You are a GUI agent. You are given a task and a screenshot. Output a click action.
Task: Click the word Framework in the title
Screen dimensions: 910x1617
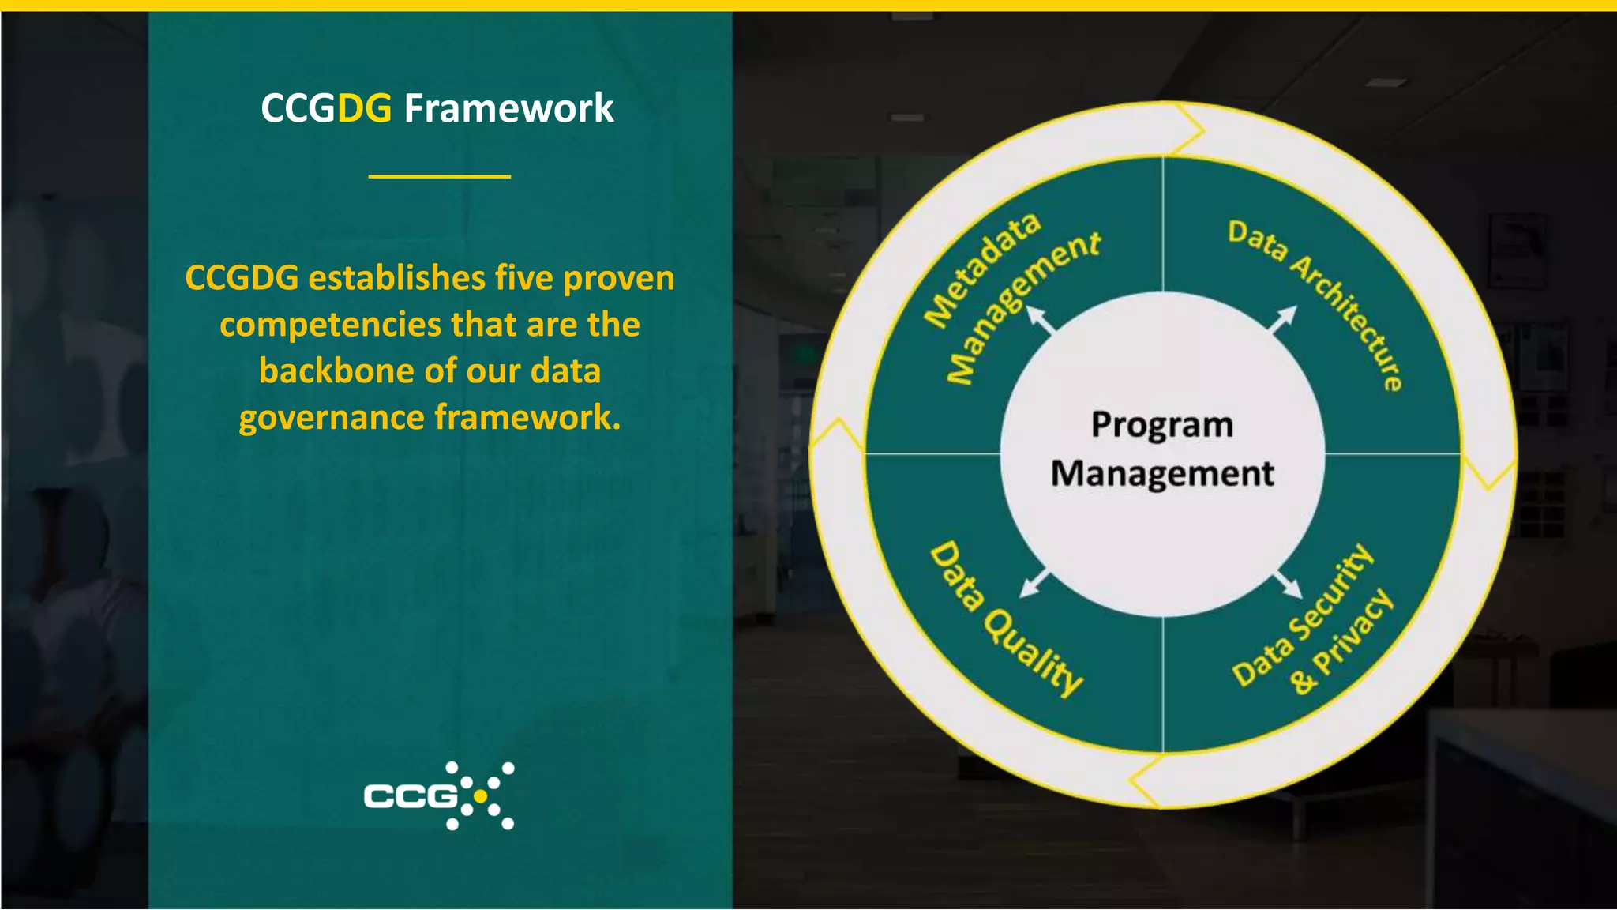(x=508, y=108)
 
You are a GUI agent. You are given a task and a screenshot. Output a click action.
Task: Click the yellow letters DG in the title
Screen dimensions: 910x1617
(x=364, y=108)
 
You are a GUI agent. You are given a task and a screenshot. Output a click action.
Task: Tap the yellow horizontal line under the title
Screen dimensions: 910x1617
(x=439, y=176)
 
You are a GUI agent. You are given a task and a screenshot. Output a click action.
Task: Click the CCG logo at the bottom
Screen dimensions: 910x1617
(x=438, y=795)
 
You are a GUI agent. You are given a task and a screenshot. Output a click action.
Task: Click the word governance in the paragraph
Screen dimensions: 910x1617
(x=331, y=418)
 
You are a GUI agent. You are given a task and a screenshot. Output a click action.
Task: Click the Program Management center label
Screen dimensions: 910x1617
(x=1162, y=449)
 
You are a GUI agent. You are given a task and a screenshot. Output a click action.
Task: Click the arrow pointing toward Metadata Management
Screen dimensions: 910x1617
(x=1041, y=320)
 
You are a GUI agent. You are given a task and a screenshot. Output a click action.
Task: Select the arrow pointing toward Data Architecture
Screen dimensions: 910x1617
(x=1282, y=319)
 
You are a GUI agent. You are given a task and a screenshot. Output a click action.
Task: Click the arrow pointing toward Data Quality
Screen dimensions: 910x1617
(x=1034, y=582)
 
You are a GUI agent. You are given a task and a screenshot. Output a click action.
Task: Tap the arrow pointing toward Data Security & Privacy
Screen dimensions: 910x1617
(x=1288, y=584)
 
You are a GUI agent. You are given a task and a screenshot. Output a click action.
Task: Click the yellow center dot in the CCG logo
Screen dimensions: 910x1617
(x=480, y=796)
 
